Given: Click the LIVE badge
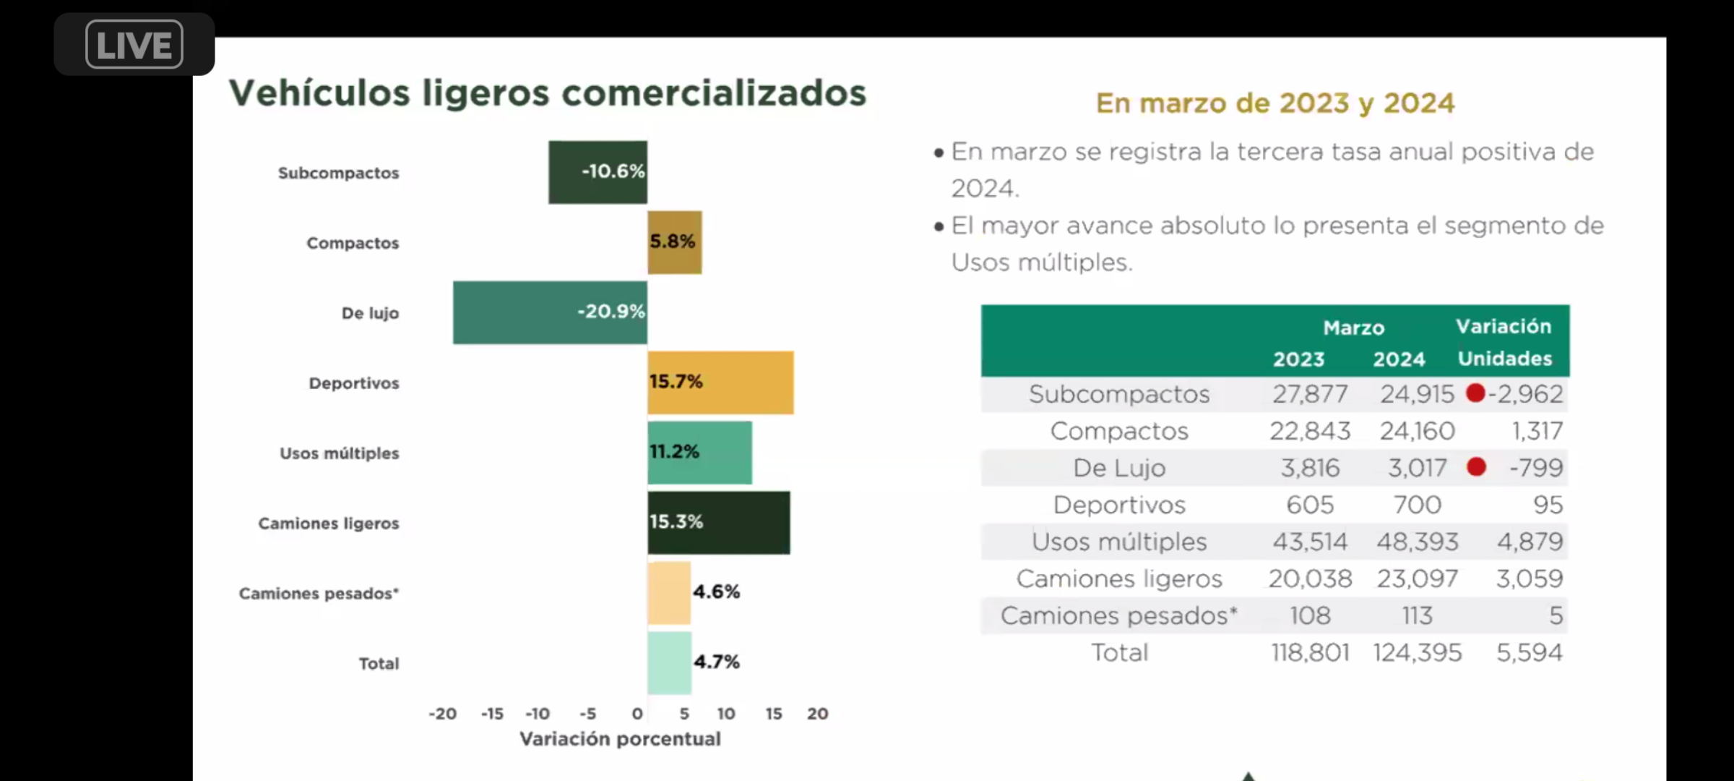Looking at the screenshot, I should (134, 45).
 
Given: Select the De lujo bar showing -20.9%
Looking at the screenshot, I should (550, 312).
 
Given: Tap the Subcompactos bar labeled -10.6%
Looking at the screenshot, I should (598, 172).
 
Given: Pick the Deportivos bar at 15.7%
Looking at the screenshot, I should (720, 383).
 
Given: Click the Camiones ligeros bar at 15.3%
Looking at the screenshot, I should (718, 523).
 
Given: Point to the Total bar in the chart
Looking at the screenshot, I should (669, 663).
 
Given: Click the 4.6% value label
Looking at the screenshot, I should (716, 592).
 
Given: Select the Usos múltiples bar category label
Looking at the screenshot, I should (339, 453).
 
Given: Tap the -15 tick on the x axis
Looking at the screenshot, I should (492, 714).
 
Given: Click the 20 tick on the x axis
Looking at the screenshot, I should (817, 714).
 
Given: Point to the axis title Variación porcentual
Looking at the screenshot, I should (620, 739).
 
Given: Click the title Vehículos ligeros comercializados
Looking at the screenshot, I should (547, 93).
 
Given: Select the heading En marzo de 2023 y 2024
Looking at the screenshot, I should (1274, 103).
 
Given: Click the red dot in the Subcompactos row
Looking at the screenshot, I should (1475, 393).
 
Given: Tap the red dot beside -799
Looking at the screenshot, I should (1476, 467).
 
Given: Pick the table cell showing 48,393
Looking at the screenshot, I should (1417, 542).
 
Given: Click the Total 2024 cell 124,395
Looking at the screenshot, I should (1417, 653).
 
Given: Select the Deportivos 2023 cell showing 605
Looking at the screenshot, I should (1309, 505).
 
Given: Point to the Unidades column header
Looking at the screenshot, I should (1504, 359).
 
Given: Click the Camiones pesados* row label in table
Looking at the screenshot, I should (1118, 616).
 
